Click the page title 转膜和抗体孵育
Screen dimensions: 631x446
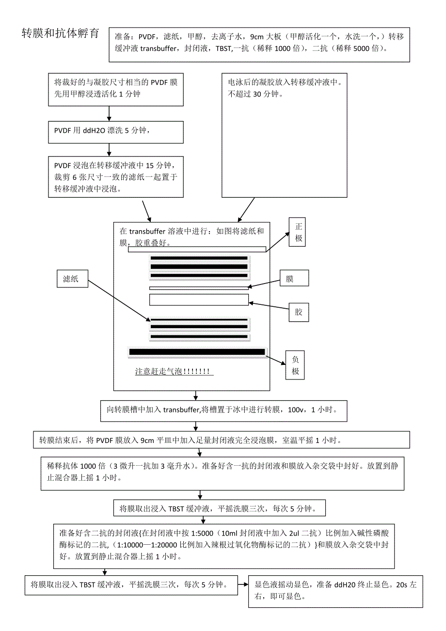coord(61,33)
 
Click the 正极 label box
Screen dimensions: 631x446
coord(298,232)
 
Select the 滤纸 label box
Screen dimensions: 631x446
coord(72,279)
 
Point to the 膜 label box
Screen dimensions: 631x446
coord(290,279)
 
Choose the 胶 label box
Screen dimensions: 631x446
coord(299,312)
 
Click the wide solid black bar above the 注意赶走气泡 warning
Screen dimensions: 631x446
coord(197,352)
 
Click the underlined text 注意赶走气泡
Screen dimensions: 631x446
coord(174,372)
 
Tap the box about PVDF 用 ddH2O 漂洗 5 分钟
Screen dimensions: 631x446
coord(116,132)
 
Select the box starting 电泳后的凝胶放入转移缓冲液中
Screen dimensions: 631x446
coord(284,135)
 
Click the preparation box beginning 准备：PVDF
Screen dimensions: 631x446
coord(259,44)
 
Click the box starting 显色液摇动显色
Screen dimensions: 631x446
coord(335,590)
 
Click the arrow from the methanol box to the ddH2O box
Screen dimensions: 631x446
coord(109,113)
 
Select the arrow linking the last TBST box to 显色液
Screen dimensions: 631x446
coord(242,585)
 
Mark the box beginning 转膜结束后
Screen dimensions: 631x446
coord(221,440)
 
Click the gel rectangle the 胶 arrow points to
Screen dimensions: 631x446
coord(199,300)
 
